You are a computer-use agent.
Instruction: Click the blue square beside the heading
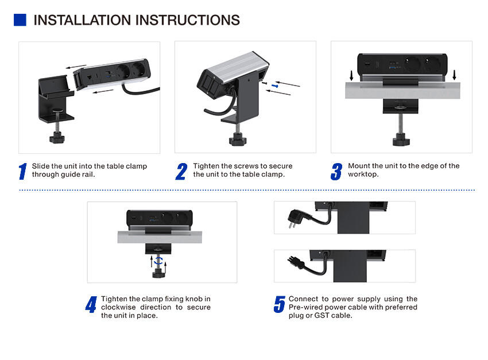(20, 20)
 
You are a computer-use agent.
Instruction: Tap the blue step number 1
(23, 171)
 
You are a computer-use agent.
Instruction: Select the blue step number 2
(181, 171)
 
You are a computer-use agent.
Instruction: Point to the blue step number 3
(336, 171)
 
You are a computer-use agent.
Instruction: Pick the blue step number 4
(91, 304)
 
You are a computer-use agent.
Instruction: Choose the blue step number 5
(280, 304)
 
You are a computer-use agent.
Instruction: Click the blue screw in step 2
(275, 86)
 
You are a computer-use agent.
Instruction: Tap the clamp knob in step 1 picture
(57, 138)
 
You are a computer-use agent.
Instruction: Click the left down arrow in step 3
(351, 75)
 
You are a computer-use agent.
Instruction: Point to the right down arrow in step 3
(454, 75)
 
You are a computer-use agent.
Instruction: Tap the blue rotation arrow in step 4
(159, 261)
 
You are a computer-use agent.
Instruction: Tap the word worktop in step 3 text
(361, 174)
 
